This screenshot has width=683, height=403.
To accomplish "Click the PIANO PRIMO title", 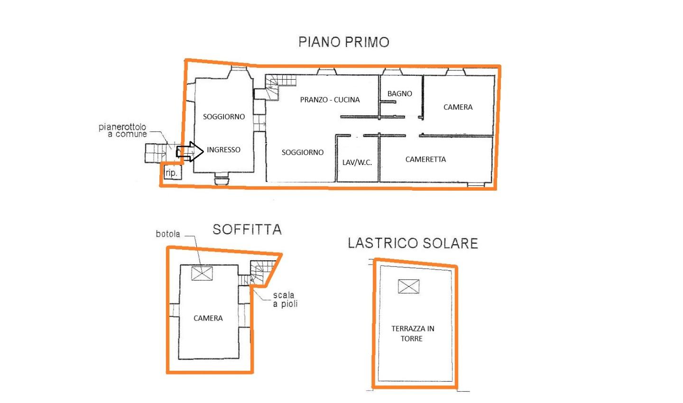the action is [x=343, y=42].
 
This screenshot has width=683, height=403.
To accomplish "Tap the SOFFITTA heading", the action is [x=247, y=229].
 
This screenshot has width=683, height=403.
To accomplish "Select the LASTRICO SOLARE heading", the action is [x=413, y=243].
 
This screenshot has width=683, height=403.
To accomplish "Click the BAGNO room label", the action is [x=399, y=93].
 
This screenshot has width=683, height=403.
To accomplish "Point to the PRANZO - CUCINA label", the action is [x=330, y=100].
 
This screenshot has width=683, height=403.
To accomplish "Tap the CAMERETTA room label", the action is [x=425, y=159].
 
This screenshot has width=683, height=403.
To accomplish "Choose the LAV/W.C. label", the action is [x=357, y=163].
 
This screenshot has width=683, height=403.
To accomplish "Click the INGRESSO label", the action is [x=223, y=150].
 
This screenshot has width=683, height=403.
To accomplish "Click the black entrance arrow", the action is [x=190, y=151].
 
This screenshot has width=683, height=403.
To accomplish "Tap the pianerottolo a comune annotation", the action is [x=122, y=130].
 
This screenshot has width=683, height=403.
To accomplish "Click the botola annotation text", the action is [x=168, y=234].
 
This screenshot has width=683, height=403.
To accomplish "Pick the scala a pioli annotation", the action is [x=285, y=299].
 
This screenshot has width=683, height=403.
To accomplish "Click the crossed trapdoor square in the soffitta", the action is [x=202, y=274].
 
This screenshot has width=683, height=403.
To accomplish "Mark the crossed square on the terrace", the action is [x=408, y=286].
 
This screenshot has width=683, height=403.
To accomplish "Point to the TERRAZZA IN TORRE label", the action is [x=413, y=333].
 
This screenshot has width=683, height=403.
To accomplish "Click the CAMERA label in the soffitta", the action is [x=208, y=318].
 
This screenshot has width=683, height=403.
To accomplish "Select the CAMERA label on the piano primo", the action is [x=458, y=107].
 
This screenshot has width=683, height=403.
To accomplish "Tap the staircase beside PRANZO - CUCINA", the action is [x=277, y=87].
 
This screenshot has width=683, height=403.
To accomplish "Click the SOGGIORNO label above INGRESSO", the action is [x=224, y=117].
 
